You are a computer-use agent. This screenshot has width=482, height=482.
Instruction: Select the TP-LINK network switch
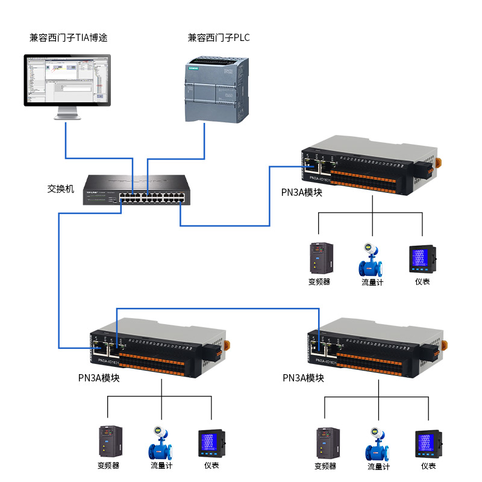(x=134, y=190)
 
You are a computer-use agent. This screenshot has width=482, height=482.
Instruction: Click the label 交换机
(x=60, y=189)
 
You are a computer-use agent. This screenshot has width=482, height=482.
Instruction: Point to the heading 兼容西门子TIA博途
(x=68, y=38)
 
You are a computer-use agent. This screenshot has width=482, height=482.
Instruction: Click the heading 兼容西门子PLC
(x=218, y=38)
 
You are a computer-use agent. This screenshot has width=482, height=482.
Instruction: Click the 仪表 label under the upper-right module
(x=422, y=281)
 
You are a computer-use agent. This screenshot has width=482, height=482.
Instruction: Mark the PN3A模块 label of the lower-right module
(x=303, y=378)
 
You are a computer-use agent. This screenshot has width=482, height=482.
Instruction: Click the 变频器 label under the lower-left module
(x=108, y=465)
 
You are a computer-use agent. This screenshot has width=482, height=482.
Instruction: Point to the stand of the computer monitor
(x=67, y=113)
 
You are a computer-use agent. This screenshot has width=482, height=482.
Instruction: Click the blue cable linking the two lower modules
(x=217, y=308)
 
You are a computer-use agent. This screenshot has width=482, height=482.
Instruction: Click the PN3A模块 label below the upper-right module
(x=302, y=192)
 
